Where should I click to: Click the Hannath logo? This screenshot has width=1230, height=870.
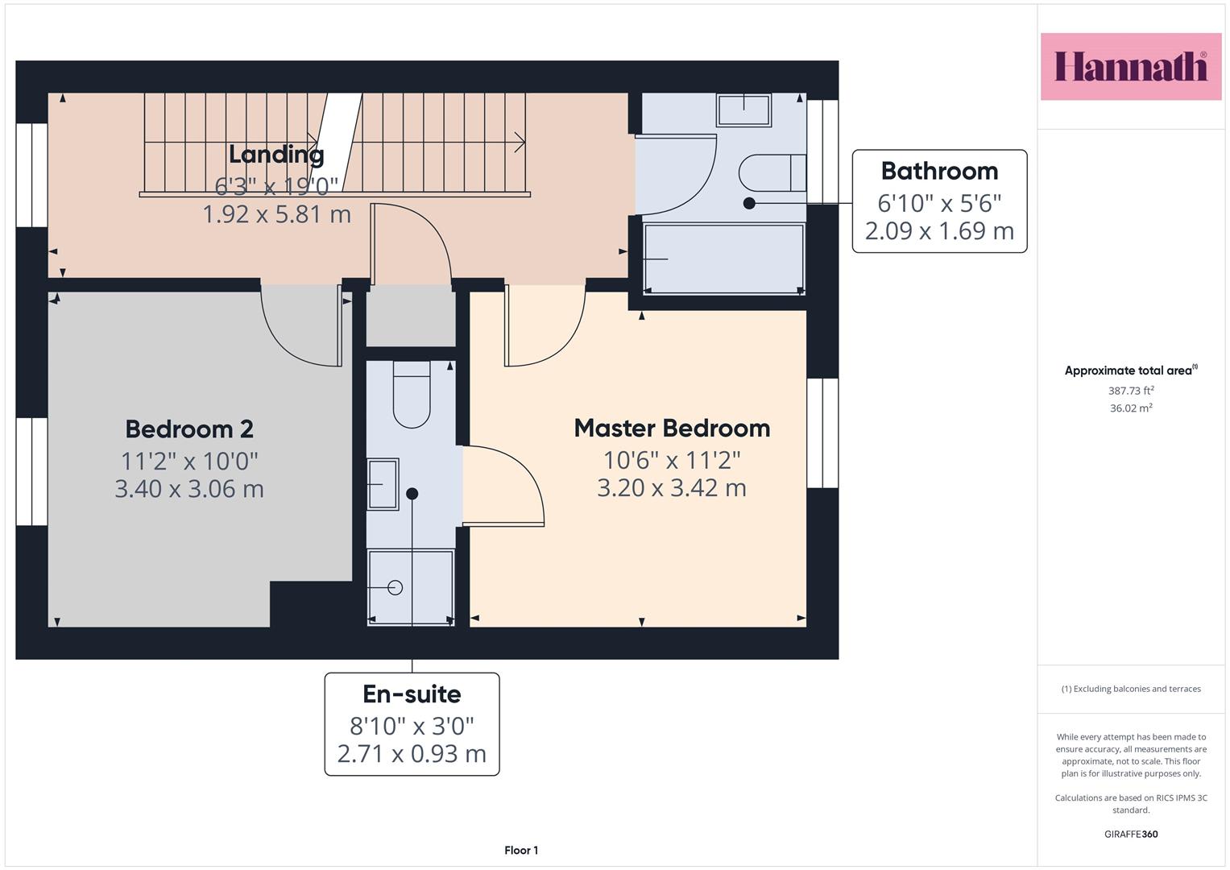click(1131, 66)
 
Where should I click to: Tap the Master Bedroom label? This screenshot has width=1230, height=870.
click(672, 429)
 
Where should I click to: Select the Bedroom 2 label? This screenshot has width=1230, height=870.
click(189, 429)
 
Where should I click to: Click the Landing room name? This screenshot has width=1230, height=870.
click(276, 155)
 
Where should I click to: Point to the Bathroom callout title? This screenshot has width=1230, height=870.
click(939, 171)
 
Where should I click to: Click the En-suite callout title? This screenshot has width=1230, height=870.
click(412, 694)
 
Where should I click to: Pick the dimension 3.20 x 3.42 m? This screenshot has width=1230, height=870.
click(672, 487)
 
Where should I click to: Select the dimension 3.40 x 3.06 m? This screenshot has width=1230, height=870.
click(189, 489)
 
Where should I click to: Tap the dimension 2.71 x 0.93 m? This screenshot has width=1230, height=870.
click(412, 753)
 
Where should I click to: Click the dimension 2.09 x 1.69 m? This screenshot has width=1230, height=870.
click(939, 230)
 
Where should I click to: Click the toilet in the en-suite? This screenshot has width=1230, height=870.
click(412, 395)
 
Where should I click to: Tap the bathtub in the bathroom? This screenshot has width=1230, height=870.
click(723, 259)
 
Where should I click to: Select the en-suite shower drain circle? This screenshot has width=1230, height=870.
click(395, 588)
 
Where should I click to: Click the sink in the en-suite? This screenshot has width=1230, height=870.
click(383, 484)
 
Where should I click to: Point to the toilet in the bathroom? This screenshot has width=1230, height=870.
click(772, 173)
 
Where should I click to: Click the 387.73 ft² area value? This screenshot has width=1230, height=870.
click(1131, 391)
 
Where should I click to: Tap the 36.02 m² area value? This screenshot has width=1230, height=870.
click(1131, 408)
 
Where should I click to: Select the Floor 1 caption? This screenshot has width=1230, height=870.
click(521, 850)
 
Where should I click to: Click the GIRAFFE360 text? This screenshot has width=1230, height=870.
click(1131, 834)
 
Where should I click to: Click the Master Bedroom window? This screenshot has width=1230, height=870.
click(822, 433)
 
